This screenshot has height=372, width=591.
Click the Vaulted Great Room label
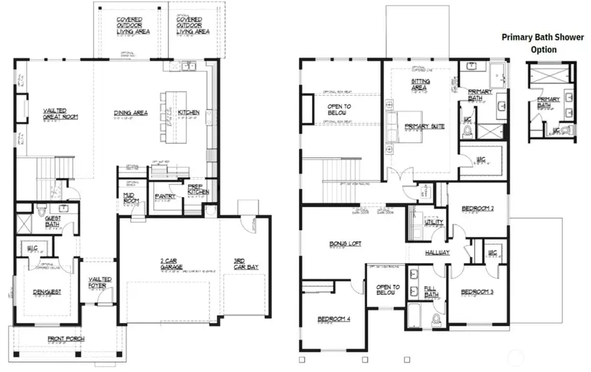(60, 114)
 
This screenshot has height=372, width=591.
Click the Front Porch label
(65, 339)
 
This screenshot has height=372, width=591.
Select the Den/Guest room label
(47, 291)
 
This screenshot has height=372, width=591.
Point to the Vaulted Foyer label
(100, 282)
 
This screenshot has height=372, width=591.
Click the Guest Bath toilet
(41, 212)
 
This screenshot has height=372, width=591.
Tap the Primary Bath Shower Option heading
(542, 43)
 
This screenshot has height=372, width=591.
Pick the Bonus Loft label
(345, 243)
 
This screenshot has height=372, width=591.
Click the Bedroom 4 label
(334, 320)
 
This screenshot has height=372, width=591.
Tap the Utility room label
(434, 222)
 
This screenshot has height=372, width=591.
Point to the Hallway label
(435, 253)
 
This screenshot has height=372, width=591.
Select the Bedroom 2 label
(477, 209)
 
